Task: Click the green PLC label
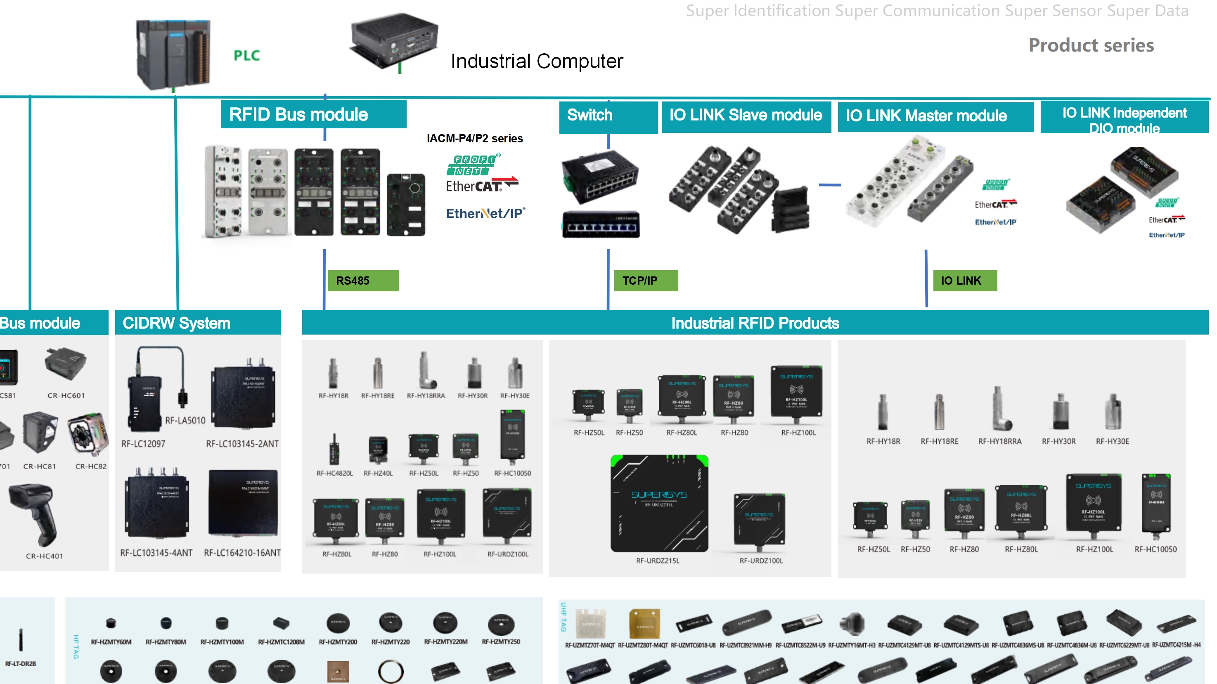(x=246, y=56)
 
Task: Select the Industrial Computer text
(x=537, y=61)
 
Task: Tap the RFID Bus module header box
(x=313, y=114)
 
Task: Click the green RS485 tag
(x=363, y=281)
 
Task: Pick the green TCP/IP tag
(x=645, y=281)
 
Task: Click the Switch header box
(x=608, y=116)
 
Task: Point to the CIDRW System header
(x=198, y=323)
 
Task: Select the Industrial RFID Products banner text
(x=755, y=323)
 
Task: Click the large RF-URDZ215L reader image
(x=659, y=503)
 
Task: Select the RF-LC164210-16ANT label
(x=242, y=553)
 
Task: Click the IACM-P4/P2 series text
(x=474, y=139)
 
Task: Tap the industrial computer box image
(x=395, y=40)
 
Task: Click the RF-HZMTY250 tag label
(x=501, y=642)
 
